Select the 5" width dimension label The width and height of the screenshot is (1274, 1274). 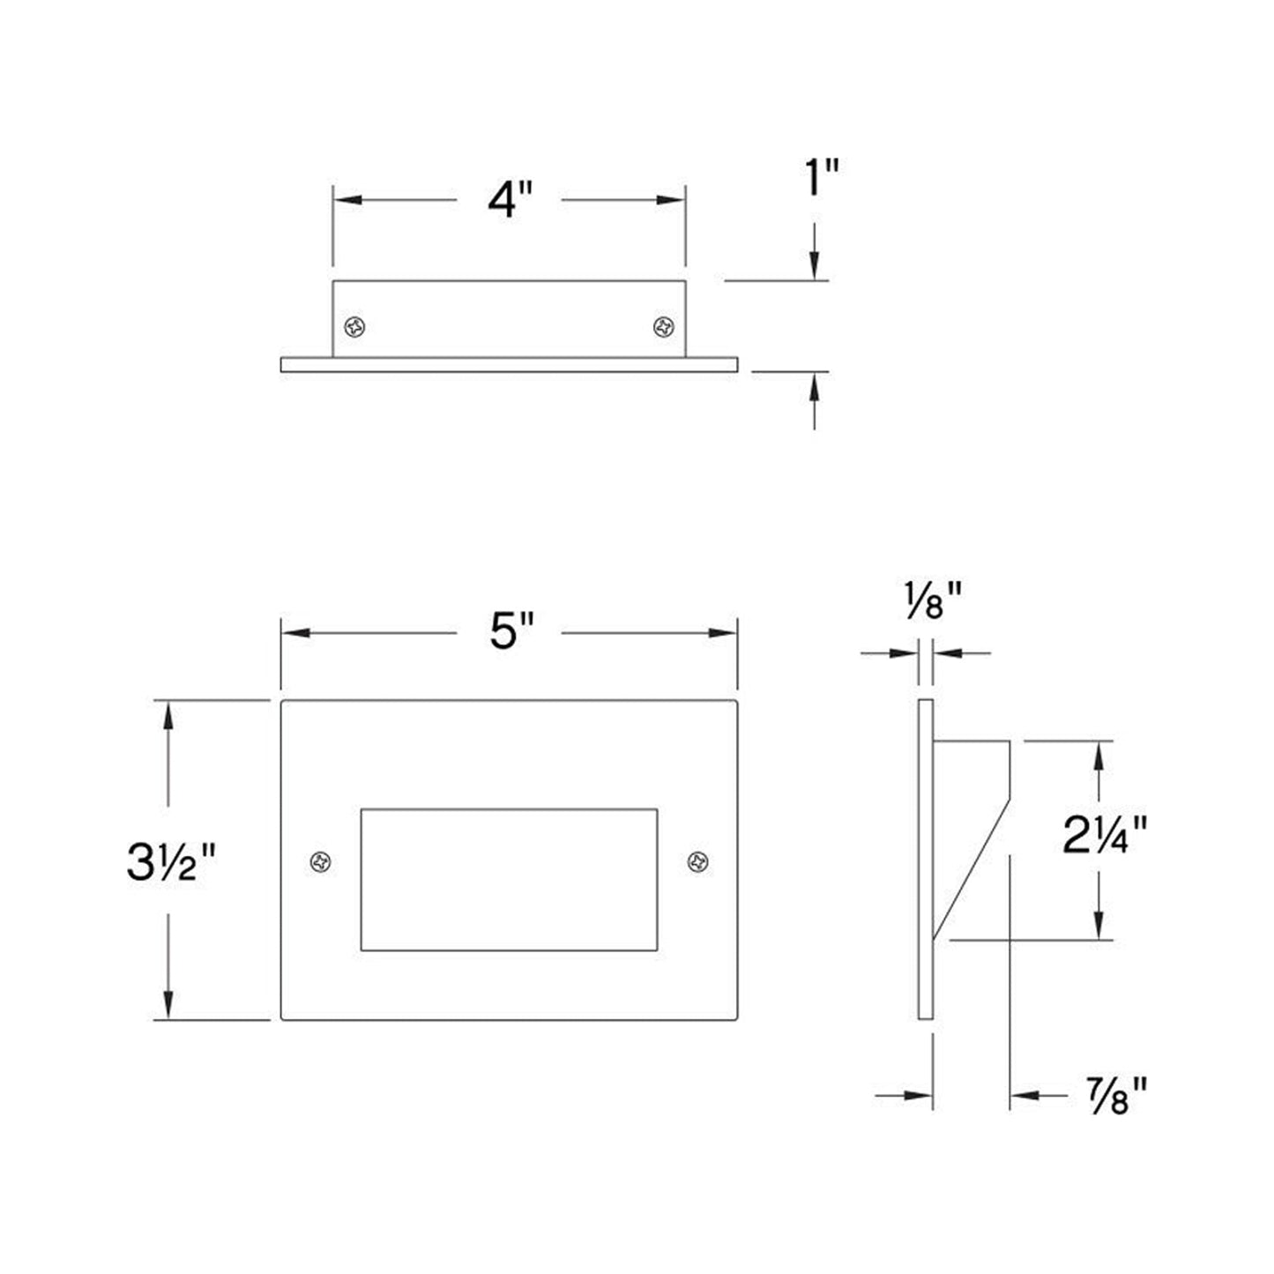click(x=511, y=631)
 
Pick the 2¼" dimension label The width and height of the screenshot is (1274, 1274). click(x=1105, y=836)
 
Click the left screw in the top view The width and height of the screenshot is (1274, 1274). click(x=355, y=327)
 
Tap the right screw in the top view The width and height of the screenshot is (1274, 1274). click(x=664, y=327)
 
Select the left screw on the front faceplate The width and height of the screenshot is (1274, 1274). click(x=321, y=861)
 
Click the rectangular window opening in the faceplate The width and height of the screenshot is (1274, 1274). click(x=509, y=879)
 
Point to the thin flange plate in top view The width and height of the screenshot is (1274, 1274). click(x=509, y=365)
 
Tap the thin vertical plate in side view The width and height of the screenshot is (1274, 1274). click(x=925, y=860)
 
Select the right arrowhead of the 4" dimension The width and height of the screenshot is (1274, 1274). click(x=674, y=200)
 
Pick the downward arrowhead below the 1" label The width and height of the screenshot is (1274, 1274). click(x=815, y=265)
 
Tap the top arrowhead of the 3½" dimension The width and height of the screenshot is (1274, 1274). click(x=168, y=714)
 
